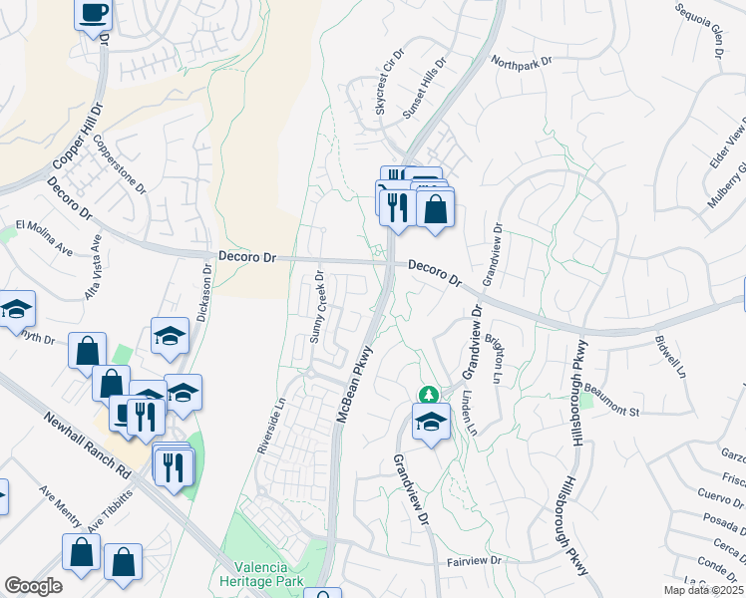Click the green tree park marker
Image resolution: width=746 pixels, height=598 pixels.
coord(429,395)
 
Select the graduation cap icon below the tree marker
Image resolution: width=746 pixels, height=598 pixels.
coord(430,423)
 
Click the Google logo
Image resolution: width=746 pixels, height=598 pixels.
coord(33,586)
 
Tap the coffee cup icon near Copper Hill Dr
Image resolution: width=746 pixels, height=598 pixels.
coord(94,13)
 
